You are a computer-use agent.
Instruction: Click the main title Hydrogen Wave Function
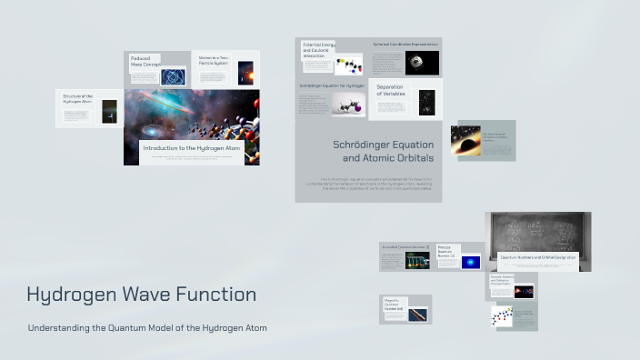[x=141, y=295]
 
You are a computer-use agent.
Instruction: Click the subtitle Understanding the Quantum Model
[x=147, y=327]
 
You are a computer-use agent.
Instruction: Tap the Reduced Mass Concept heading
[x=145, y=61]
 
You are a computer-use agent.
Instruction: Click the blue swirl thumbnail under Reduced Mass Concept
[x=173, y=77]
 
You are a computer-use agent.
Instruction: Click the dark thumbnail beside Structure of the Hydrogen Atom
[x=109, y=109]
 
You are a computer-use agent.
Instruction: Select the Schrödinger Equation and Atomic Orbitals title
[x=382, y=151]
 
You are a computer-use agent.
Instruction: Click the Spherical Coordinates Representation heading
[x=405, y=44]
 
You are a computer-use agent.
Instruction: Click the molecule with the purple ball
[x=347, y=105]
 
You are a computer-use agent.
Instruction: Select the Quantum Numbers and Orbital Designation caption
[x=538, y=257]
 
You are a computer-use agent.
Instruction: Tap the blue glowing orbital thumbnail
[x=470, y=262]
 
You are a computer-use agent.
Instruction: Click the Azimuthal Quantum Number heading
[x=405, y=246]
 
